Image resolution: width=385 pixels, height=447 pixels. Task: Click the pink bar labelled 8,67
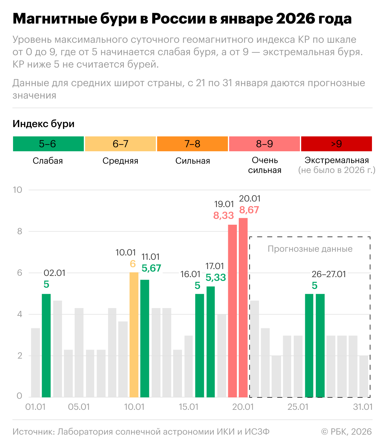point(243,307)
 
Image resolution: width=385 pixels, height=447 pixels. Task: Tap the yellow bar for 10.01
point(134,334)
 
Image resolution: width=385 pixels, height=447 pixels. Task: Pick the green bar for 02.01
point(46,345)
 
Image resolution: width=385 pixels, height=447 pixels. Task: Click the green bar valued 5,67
point(145,338)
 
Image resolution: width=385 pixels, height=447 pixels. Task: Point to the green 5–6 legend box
point(48,144)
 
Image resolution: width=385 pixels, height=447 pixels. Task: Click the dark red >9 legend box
point(336,144)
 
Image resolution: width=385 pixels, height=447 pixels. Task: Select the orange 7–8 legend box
point(192,144)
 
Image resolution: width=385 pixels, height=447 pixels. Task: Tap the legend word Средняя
point(120,161)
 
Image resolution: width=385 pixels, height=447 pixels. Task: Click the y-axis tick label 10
point(17,190)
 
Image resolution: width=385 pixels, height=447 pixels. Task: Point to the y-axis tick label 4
point(20,314)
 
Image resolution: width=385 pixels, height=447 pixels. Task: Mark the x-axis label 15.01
point(188,407)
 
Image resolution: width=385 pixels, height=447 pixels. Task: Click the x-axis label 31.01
point(363,407)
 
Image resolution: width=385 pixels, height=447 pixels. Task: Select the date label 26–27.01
point(328,274)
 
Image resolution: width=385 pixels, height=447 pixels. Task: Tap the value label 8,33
point(223,215)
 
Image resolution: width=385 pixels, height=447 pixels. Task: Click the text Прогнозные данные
point(310,249)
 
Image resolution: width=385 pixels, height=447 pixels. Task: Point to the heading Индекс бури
point(43,124)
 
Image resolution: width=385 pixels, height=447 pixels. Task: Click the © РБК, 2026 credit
point(346,432)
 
